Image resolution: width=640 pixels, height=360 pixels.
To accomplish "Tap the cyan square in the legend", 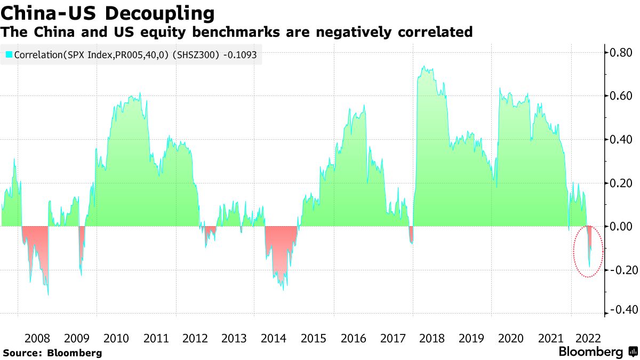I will [9, 54].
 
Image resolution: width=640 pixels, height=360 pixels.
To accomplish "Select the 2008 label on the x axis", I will [37, 338].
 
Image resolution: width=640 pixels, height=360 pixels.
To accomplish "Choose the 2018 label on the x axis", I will [431, 338].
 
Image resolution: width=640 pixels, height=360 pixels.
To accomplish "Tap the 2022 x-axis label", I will [589, 338].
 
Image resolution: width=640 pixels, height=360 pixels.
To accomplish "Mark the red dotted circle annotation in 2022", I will [588, 251].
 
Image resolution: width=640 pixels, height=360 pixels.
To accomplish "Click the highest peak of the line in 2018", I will [423, 67].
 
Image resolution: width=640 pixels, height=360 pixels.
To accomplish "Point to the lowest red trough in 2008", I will [48, 294].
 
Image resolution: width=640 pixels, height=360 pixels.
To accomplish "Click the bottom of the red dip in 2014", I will [282, 290].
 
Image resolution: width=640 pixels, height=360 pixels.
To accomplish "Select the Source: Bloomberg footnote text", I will [52, 353].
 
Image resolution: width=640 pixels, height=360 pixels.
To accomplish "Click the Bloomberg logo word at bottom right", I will [590, 352].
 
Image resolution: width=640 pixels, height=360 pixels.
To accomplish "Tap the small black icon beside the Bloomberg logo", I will [633, 352].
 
